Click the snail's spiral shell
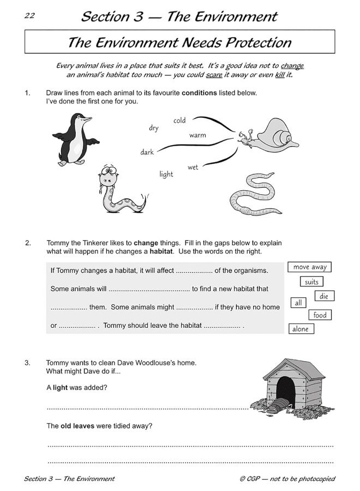[276, 134]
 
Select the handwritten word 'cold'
[179, 121]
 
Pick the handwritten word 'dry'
[154, 128]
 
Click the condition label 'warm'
[197, 135]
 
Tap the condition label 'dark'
[147, 152]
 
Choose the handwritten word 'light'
[166, 174]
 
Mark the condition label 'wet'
[193, 167]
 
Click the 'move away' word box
[310, 267]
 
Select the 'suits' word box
[311, 282]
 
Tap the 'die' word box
[324, 296]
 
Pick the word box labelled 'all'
[298, 303]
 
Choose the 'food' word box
[320, 315]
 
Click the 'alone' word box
[301, 329]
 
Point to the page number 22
[29, 15]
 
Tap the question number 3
[28, 362]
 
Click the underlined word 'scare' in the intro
[214, 75]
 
